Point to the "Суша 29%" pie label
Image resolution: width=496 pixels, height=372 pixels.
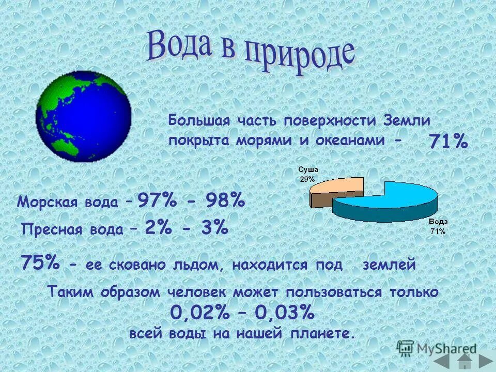pos(308,174)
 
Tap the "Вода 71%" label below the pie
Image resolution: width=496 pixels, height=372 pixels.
pos(438,227)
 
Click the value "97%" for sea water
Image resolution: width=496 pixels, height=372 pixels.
pos(157,200)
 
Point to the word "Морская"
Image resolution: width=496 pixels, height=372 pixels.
pos(44,202)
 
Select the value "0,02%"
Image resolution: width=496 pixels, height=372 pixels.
pos(199,313)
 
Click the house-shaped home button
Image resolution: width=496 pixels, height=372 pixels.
pos(465,360)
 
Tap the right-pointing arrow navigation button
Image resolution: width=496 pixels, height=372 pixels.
pos(486,360)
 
